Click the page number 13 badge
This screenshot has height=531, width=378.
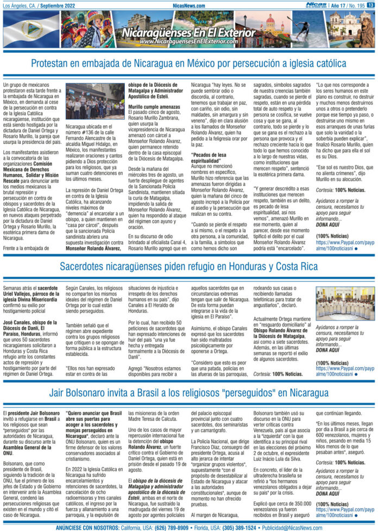click(370, 5)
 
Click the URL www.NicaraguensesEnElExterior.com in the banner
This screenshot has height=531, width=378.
click(188, 42)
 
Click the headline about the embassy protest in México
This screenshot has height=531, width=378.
click(188, 64)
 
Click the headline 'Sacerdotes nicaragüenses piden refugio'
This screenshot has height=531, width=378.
click(188, 266)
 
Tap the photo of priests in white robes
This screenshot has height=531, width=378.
click(345, 304)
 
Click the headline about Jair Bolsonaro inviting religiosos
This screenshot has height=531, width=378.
click(188, 392)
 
